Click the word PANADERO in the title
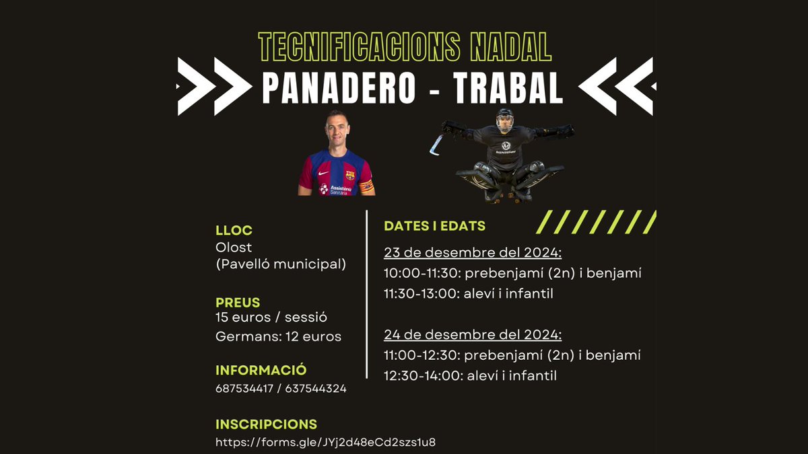tap(339, 88)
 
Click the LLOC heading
tap(234, 231)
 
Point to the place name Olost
tap(234, 248)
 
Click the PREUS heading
tap(238, 302)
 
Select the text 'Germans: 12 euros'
tap(278, 336)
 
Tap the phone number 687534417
tap(244, 389)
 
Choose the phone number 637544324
tap(316, 389)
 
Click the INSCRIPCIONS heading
tap(266, 424)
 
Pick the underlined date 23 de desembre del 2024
tap(473, 254)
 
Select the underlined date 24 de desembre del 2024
tap(473, 335)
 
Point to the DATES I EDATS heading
tap(434, 226)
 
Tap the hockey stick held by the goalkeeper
tap(437, 144)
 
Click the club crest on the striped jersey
tap(350, 175)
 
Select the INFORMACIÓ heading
tap(261, 370)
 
